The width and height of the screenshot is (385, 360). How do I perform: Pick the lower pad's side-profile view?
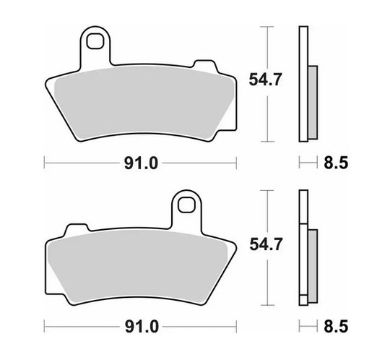pyautogui.click(x=304, y=248)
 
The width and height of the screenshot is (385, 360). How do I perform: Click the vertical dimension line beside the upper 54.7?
pyautogui.click(x=269, y=108)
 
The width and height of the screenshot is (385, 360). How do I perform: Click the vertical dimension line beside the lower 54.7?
pyautogui.click(x=269, y=275)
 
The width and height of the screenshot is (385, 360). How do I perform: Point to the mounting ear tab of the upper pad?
pyautogui.click(x=93, y=49)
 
